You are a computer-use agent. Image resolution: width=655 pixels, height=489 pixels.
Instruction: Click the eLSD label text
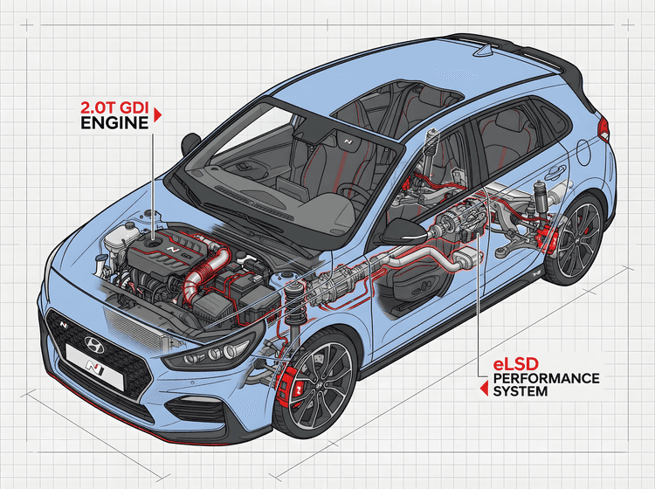point(514,362)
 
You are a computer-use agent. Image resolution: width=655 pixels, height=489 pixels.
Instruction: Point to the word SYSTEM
point(521,392)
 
